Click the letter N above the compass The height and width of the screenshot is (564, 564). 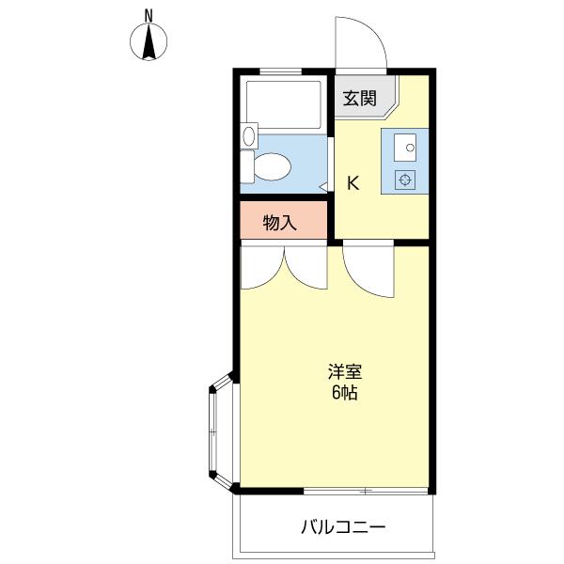pyautogui.click(x=149, y=15)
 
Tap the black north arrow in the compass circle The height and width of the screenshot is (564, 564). pyautogui.click(x=149, y=41)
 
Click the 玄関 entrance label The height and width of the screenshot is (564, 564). pyautogui.click(x=359, y=98)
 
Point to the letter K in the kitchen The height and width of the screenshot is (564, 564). pyautogui.click(x=352, y=183)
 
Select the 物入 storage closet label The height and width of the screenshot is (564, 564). pyautogui.click(x=279, y=223)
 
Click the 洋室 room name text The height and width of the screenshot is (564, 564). pyautogui.click(x=345, y=372)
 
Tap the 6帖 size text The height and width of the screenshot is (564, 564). pyautogui.click(x=345, y=392)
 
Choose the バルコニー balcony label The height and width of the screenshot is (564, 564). pyautogui.click(x=343, y=527)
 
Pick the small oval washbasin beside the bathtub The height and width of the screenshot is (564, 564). pyautogui.click(x=249, y=136)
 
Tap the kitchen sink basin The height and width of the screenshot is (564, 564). pyautogui.click(x=405, y=148)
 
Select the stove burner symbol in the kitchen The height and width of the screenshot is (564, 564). pyautogui.click(x=405, y=180)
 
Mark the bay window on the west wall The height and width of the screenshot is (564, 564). pyautogui.click(x=222, y=432)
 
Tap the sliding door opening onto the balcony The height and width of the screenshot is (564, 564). pyautogui.click(x=366, y=491)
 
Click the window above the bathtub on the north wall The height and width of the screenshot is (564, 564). pyautogui.click(x=280, y=71)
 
